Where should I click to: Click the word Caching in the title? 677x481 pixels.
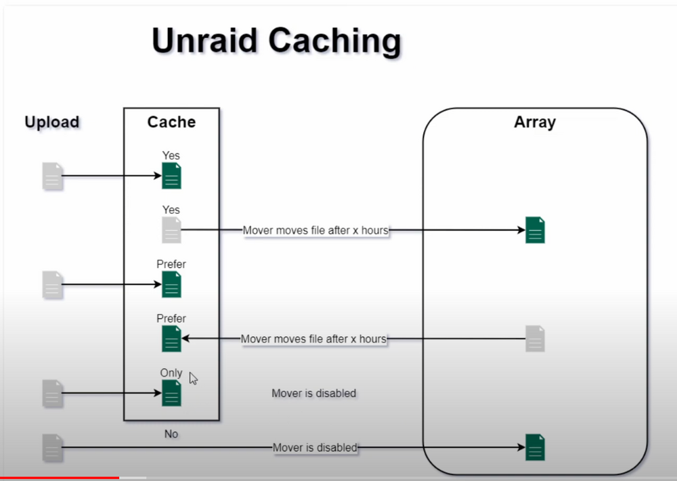[x=335, y=42]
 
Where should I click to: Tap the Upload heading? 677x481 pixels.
[x=52, y=122]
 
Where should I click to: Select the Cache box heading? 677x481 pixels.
[x=171, y=122]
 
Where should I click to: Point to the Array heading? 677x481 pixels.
[x=535, y=122]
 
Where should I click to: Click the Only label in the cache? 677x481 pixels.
[x=171, y=373]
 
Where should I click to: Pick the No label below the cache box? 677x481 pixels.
[x=171, y=434]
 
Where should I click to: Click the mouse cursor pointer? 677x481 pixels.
[x=193, y=378]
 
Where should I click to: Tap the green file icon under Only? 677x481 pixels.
[x=171, y=393]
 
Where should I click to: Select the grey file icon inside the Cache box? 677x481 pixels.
[x=171, y=230]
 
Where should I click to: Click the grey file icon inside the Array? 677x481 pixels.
[x=535, y=339]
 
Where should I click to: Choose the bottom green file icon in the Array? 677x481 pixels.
[x=535, y=447]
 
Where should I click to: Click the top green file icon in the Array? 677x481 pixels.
[x=535, y=230]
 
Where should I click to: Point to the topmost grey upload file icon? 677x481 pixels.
[x=53, y=176]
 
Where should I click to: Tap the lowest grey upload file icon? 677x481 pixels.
[x=53, y=448]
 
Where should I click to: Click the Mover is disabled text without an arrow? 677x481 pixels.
[x=314, y=394]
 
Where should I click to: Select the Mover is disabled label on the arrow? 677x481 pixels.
[x=315, y=448]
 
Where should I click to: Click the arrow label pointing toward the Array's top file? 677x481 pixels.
[x=315, y=231]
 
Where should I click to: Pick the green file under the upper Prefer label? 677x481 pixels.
[x=171, y=284]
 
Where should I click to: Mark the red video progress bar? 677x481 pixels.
[x=60, y=478]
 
